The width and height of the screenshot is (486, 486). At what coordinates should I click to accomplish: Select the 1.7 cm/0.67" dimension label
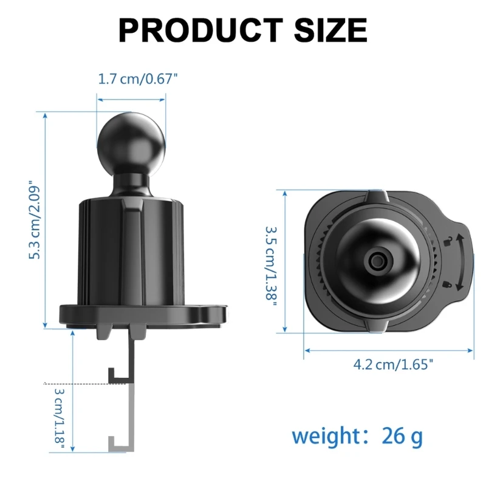click(x=138, y=79)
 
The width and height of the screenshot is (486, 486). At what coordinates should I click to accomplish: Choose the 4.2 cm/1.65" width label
click(x=393, y=364)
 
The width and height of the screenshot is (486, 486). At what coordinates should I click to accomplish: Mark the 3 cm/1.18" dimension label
click(x=59, y=418)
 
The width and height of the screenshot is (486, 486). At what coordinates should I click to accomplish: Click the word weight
click(x=327, y=436)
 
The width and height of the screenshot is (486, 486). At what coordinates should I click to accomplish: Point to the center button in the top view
click(x=376, y=262)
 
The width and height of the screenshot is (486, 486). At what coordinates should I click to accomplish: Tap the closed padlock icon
click(x=447, y=282)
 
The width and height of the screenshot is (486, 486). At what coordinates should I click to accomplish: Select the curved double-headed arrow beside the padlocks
click(x=461, y=262)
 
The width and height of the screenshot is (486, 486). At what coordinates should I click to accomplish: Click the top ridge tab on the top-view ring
click(x=376, y=197)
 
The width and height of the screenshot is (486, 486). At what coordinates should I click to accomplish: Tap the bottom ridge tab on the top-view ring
click(x=376, y=326)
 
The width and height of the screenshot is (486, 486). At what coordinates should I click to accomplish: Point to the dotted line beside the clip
click(x=76, y=384)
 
